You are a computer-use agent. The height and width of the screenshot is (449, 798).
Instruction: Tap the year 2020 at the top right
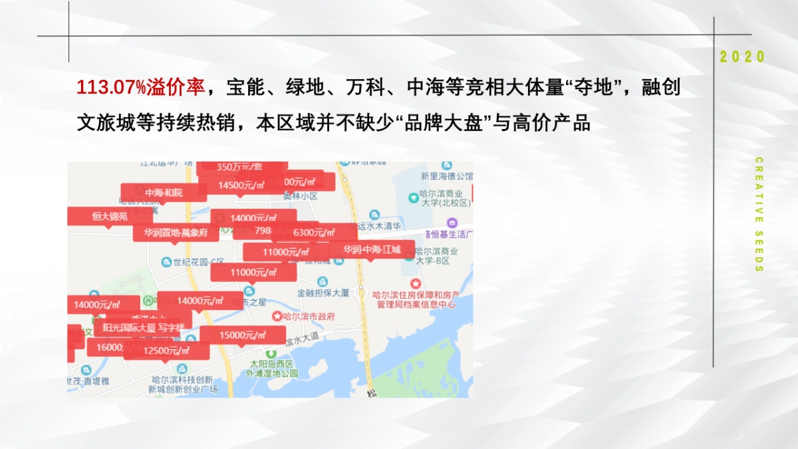743,57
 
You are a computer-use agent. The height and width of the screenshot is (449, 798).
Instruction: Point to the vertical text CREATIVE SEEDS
759,214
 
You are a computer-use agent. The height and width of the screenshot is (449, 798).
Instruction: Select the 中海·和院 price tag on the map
164,193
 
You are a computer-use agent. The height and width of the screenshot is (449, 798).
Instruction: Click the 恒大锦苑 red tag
110,216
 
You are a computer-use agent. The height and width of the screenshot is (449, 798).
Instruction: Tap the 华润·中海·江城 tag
372,250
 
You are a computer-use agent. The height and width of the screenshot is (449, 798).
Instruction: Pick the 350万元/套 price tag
241,167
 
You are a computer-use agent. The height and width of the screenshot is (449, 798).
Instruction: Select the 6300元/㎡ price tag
317,232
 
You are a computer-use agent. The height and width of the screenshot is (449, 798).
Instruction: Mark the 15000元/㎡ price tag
243,335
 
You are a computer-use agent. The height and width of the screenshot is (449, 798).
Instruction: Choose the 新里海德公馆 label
446,176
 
